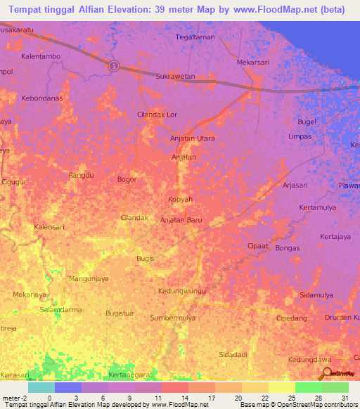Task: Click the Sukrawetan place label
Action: click(175, 76)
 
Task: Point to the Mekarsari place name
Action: click(253, 62)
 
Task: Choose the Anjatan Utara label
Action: click(193, 138)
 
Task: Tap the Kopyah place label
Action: click(180, 200)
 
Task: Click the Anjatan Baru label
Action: click(181, 220)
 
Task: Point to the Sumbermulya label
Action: click(173, 318)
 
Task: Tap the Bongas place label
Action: click(288, 248)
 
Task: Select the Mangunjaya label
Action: click(89, 279)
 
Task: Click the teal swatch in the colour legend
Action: click(41, 387)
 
